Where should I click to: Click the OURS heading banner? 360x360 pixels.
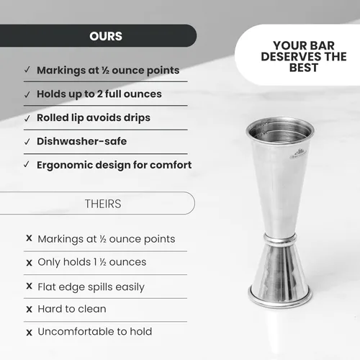[x=106, y=36]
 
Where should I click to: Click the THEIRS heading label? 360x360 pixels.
[x=105, y=204]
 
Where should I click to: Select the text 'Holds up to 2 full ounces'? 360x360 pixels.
[x=99, y=94]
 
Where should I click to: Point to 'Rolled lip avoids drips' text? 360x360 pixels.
[x=94, y=117]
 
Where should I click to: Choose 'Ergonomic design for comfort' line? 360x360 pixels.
[x=114, y=165]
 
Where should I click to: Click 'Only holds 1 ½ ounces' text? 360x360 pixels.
[x=91, y=262]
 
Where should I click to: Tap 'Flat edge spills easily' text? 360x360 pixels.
[x=91, y=287]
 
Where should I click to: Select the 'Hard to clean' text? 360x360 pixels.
[x=71, y=309]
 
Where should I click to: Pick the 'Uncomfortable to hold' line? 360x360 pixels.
[x=94, y=332]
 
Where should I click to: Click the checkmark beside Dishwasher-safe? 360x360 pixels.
[x=27, y=142]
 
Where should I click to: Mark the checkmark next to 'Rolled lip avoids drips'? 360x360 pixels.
[x=27, y=118]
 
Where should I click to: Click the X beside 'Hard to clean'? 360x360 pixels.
[x=29, y=310]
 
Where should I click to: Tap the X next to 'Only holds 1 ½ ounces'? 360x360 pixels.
[x=29, y=263]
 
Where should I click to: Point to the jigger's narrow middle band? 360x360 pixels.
[x=279, y=238]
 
